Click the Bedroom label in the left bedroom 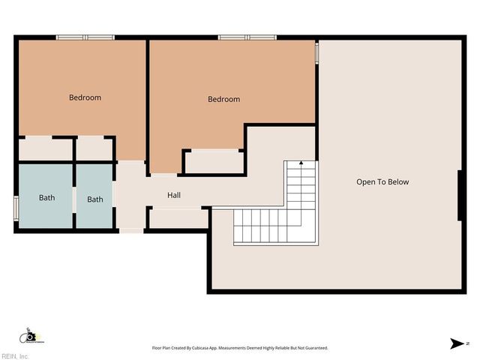(85, 97)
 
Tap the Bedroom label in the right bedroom (223, 99)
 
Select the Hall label (174, 196)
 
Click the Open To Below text (382, 182)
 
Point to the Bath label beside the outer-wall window (47, 198)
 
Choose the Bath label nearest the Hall (94, 199)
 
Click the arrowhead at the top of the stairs (301, 162)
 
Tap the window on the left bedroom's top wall (85, 37)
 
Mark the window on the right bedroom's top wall (247, 37)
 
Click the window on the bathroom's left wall (16, 208)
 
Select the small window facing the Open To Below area (316, 52)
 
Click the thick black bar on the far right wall (459, 195)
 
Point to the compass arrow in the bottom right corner (457, 343)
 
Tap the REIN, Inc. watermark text (15, 356)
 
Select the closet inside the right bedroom (214, 162)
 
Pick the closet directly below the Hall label (178, 218)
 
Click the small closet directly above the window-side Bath (45, 148)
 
